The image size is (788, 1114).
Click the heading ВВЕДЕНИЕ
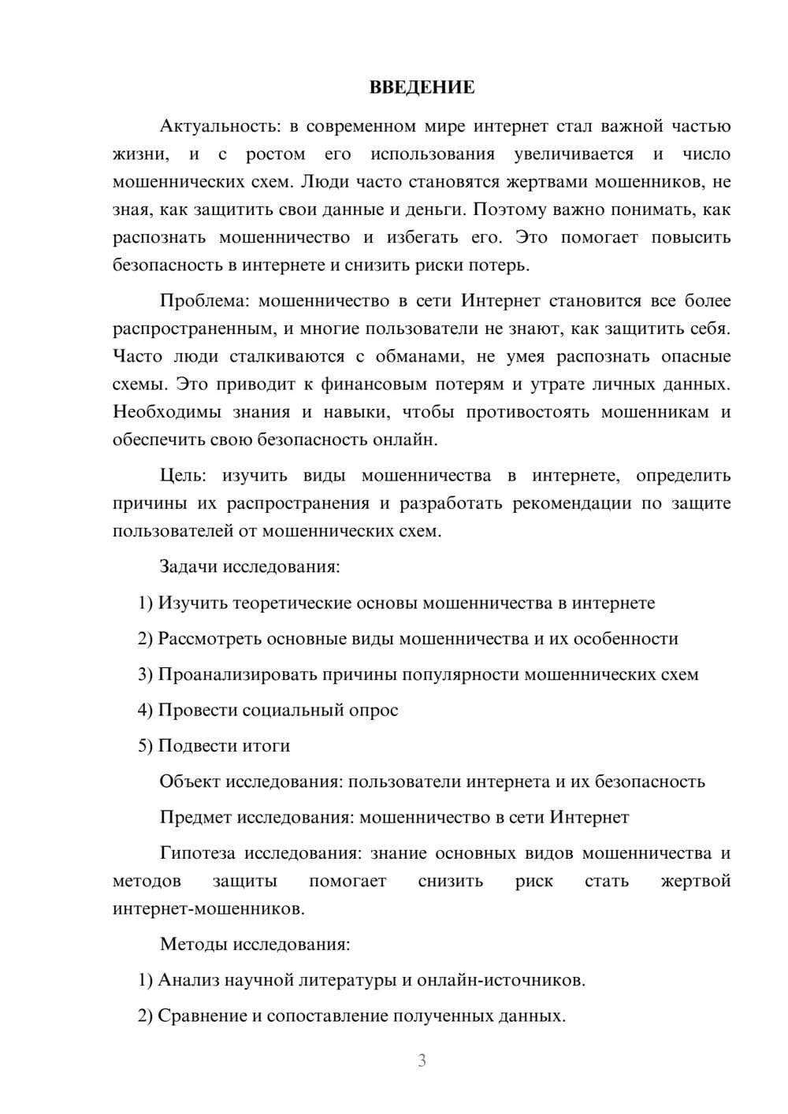coord(422,87)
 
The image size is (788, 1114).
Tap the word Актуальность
coord(218,126)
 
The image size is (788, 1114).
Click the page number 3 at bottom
coord(422,1060)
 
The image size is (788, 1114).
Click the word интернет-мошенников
coord(207,909)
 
